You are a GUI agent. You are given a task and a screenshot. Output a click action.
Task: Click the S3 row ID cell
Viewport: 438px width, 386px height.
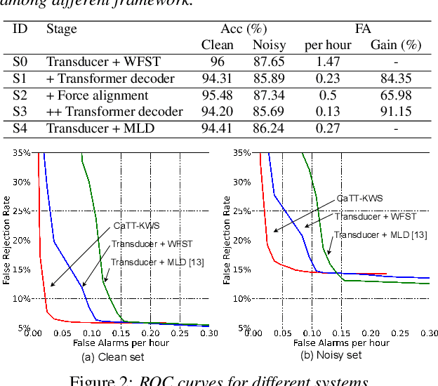click(20, 112)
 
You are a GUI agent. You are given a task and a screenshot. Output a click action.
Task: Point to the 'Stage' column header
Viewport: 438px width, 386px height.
click(61, 29)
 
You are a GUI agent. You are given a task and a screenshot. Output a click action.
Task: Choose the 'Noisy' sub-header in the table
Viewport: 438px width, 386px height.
click(269, 46)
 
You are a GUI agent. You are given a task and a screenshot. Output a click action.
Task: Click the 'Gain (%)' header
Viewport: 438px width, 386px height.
click(395, 46)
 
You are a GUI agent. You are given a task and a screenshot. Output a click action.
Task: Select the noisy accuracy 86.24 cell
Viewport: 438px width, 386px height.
click(269, 128)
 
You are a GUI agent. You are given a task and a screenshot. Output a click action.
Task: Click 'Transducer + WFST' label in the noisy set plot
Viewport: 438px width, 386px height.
click(365, 217)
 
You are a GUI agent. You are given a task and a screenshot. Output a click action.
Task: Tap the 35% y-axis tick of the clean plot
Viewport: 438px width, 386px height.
click(22, 152)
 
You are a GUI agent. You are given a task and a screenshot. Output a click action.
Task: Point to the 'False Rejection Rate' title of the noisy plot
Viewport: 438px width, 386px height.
click(227, 240)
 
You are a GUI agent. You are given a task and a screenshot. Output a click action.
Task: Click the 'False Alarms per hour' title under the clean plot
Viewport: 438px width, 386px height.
click(121, 342)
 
